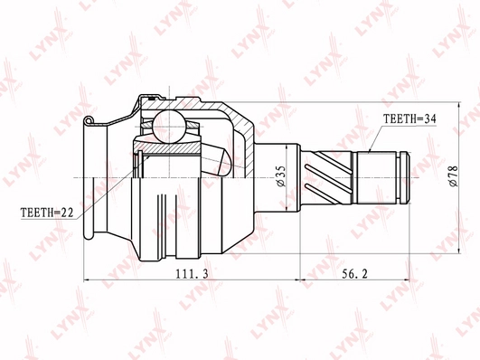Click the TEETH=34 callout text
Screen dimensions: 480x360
click(x=409, y=118)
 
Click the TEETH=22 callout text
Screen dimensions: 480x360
click(x=47, y=213)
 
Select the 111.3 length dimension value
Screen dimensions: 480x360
click(x=192, y=273)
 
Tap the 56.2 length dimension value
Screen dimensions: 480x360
click(x=354, y=273)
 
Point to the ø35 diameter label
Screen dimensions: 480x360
click(x=280, y=176)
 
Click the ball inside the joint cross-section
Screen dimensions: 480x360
click(x=169, y=127)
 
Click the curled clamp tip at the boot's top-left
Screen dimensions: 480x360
click(x=88, y=120)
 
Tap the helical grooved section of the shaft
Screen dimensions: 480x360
click(x=326, y=177)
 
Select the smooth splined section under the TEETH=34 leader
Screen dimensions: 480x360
click(x=376, y=177)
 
